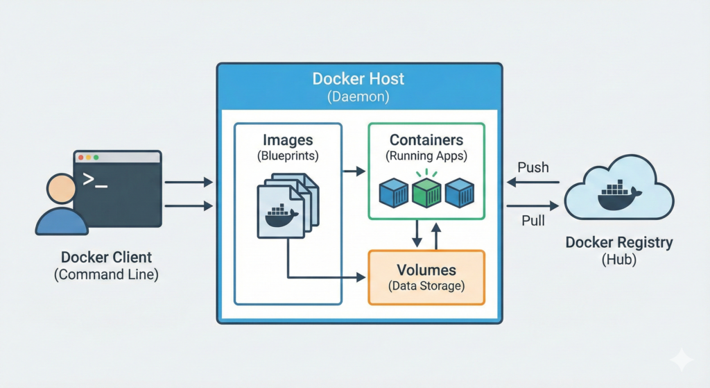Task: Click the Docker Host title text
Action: point(359,78)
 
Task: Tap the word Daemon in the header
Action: point(359,97)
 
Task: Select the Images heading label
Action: point(288,139)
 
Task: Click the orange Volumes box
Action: point(426,277)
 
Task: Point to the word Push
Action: point(532,167)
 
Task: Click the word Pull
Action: point(532,221)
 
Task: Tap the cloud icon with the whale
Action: point(619,194)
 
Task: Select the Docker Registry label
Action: point(619,243)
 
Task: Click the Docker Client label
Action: point(106,256)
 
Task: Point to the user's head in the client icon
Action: point(61,189)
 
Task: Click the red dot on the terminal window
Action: point(80,158)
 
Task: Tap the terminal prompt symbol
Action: point(95,180)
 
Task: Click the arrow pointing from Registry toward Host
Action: point(532,182)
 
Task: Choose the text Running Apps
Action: point(426,157)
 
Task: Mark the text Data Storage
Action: point(426,285)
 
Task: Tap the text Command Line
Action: point(106,274)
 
